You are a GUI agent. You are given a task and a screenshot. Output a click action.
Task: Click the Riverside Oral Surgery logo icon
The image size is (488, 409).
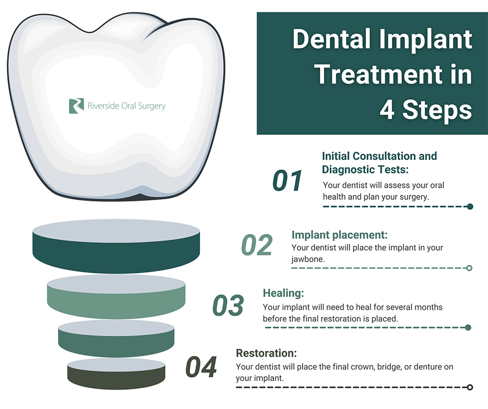76,106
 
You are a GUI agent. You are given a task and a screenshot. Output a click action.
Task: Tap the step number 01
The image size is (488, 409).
287,181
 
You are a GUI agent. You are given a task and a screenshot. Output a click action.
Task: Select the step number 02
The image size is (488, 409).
257,244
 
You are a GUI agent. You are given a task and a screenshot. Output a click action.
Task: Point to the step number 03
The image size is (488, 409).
228,305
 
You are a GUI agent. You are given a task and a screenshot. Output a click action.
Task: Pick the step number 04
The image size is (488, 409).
201,367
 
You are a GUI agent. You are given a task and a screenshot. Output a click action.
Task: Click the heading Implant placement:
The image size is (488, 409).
340,235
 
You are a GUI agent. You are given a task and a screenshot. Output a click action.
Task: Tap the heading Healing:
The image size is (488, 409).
283,293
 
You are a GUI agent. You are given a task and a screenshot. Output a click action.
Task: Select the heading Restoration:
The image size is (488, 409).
266,353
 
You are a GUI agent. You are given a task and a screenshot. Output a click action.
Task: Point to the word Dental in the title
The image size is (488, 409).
332,39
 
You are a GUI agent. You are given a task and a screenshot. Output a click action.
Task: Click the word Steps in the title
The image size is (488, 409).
437,110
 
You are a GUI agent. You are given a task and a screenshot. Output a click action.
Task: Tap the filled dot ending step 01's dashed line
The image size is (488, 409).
470,207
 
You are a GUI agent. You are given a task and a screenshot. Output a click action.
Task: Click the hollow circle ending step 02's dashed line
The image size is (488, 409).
469,268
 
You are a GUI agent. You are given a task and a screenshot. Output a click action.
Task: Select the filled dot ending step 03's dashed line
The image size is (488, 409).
468,328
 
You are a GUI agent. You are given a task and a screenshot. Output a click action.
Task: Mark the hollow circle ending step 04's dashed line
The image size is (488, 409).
470,387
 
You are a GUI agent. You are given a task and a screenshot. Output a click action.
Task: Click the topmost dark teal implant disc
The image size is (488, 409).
116,247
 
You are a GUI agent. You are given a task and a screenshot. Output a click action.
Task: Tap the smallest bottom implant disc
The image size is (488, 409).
116,374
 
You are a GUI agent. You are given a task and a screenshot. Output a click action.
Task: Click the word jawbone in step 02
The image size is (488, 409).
307,260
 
